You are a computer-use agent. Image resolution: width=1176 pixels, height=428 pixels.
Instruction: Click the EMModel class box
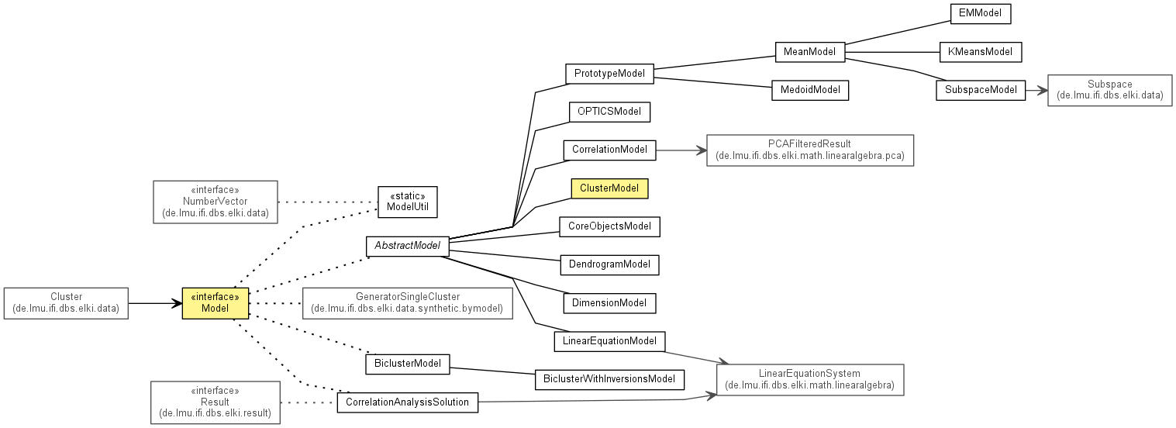980,14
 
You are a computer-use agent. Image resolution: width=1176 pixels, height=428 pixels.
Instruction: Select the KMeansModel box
980,52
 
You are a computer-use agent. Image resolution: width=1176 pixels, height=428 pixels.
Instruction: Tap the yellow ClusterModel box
609,188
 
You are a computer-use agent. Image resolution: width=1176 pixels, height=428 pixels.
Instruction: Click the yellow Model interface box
216,303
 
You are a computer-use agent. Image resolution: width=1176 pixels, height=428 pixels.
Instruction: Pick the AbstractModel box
408,247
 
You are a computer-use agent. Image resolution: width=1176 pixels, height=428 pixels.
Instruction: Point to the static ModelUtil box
408,202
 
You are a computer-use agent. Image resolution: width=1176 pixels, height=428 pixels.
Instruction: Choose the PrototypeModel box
609,74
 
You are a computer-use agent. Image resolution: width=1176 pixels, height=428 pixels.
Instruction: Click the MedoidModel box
810,90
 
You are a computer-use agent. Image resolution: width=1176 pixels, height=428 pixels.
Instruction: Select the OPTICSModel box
609,112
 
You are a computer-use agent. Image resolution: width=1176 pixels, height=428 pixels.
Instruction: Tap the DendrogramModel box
609,264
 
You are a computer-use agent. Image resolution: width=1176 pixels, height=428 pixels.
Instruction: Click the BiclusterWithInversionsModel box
609,380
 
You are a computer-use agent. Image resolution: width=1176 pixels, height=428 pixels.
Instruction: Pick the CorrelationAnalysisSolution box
408,402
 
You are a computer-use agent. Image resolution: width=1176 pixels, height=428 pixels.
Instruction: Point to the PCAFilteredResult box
810,150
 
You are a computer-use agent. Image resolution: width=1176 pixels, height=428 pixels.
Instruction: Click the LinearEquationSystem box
810,380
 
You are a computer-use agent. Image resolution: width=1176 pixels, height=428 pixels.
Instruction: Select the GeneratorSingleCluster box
408,303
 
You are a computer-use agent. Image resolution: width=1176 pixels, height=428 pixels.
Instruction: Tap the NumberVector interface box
216,202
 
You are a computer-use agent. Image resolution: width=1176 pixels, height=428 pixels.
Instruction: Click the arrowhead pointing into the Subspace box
1043,90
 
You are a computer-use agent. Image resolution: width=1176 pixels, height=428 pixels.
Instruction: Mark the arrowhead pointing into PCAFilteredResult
702,150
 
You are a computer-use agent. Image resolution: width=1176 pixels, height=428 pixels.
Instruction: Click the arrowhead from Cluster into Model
177,303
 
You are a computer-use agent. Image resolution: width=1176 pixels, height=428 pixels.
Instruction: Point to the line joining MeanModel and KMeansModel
892,52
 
